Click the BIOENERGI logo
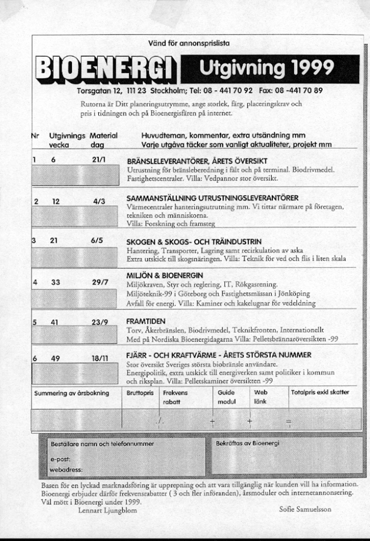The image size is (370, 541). tap(106, 70)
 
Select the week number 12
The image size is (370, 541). tap(56, 201)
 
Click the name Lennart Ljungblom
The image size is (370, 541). tap(102, 509)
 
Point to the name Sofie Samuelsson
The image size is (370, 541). tap(305, 509)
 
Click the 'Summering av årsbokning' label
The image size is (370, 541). tap(71, 392)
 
